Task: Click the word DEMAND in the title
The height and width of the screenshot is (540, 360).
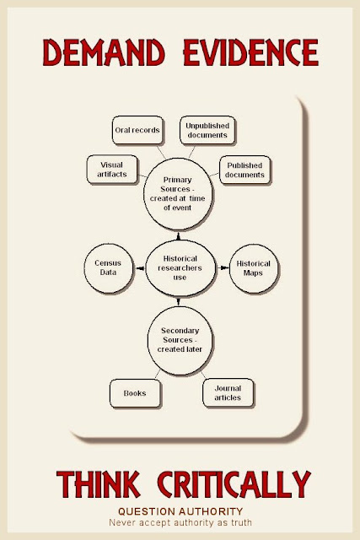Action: pyautogui.click(x=104, y=52)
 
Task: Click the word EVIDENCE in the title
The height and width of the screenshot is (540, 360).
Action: pyautogui.click(x=251, y=52)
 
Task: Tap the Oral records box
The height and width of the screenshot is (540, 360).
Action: pyautogui.click(x=137, y=130)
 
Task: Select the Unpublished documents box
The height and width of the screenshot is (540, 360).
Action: pyautogui.click(x=207, y=130)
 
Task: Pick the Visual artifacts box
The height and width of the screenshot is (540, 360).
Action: pyautogui.click(x=112, y=170)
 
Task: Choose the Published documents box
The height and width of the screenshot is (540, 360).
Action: pyautogui.click(x=244, y=170)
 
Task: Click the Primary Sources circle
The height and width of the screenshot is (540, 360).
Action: pyautogui.click(x=178, y=194)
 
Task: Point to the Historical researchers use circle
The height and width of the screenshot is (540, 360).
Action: pyautogui.click(x=180, y=268)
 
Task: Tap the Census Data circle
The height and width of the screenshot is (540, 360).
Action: pyautogui.click(x=109, y=268)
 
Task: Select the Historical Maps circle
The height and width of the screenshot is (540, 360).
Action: pyautogui.click(x=254, y=268)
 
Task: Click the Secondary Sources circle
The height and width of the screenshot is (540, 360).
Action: pyautogui.click(x=180, y=341)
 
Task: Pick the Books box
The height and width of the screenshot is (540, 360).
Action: pyautogui.click(x=135, y=393)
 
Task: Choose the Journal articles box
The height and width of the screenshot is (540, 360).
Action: pyautogui.click(x=228, y=393)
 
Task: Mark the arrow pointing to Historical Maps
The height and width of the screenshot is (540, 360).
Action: pyautogui.click(x=223, y=267)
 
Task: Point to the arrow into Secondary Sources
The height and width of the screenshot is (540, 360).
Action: pyautogui.click(x=178, y=301)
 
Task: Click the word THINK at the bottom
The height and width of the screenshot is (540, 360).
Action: pyautogui.click(x=99, y=483)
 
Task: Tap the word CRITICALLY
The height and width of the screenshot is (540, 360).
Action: pyautogui.click(x=234, y=483)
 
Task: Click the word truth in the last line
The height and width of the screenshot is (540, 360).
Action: pyautogui.click(x=241, y=522)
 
